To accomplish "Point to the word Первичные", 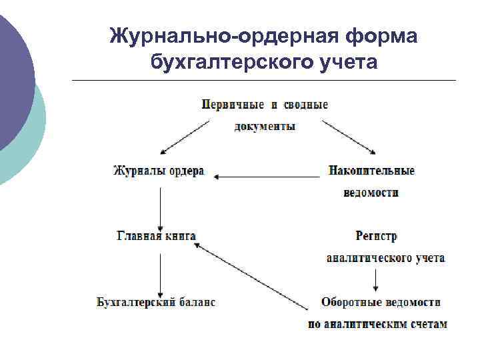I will [x=230, y=105].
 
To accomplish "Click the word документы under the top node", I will [x=265, y=126].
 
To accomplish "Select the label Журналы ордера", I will [x=158, y=171].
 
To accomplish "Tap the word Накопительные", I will [x=371, y=171].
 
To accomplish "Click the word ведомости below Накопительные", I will [x=371, y=193].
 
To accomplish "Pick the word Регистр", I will [x=377, y=236].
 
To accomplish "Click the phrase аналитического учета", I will [x=385, y=257].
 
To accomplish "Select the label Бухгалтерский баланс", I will [x=156, y=302].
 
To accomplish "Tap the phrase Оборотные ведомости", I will [x=381, y=302].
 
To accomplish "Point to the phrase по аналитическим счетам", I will [x=377, y=325].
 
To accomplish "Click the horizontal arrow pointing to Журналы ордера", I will [x=267, y=177].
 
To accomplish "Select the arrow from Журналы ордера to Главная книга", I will [x=160, y=208].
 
